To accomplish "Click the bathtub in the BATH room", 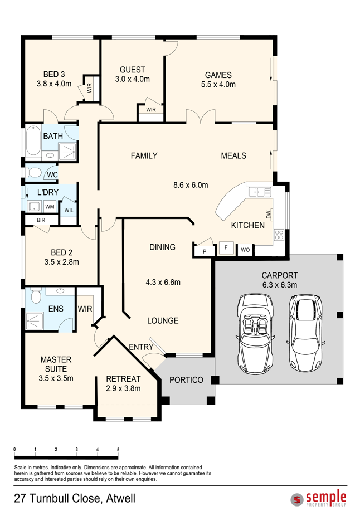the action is [x=33, y=141].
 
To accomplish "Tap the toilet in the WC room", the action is [x=33, y=172].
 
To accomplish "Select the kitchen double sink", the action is [x=260, y=191].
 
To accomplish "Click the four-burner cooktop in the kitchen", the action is [x=279, y=235].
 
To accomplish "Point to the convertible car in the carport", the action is [x=255, y=333].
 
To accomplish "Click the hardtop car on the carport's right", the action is [x=305, y=333].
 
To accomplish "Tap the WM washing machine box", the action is [x=50, y=207].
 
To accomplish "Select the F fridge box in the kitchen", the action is [x=226, y=247].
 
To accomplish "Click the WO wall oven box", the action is [x=245, y=250].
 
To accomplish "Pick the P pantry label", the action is [x=205, y=251].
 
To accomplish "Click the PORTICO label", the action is [x=186, y=379].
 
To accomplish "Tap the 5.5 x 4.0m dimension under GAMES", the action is [x=218, y=84].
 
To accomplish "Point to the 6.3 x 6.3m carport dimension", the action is [x=280, y=285].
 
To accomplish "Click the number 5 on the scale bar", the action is [x=118, y=450].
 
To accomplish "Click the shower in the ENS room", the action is [x=35, y=321].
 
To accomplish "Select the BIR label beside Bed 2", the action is [x=41, y=220].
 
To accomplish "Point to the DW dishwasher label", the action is [x=269, y=215].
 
